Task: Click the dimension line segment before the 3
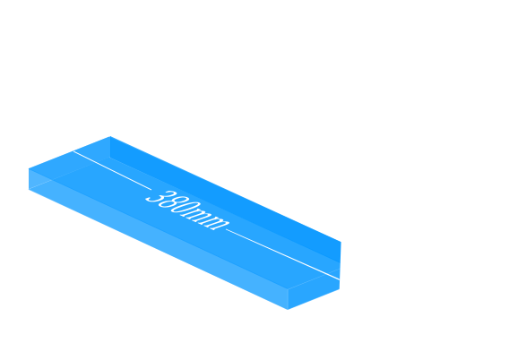[x=112, y=170]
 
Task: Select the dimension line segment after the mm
[x=283, y=254]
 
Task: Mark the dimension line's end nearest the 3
[x=73, y=151]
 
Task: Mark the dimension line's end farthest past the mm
[x=340, y=279]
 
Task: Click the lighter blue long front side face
[x=159, y=239]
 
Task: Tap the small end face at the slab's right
[x=314, y=288]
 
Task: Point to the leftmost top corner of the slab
[x=29, y=168]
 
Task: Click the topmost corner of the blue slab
[x=110, y=136]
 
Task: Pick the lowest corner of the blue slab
[x=288, y=310]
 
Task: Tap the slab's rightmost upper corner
[x=341, y=242]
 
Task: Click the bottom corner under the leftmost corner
[x=29, y=190]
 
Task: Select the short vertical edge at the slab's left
[x=29, y=179]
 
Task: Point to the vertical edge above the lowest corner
[x=288, y=300]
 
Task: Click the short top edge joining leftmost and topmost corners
[x=69, y=152]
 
